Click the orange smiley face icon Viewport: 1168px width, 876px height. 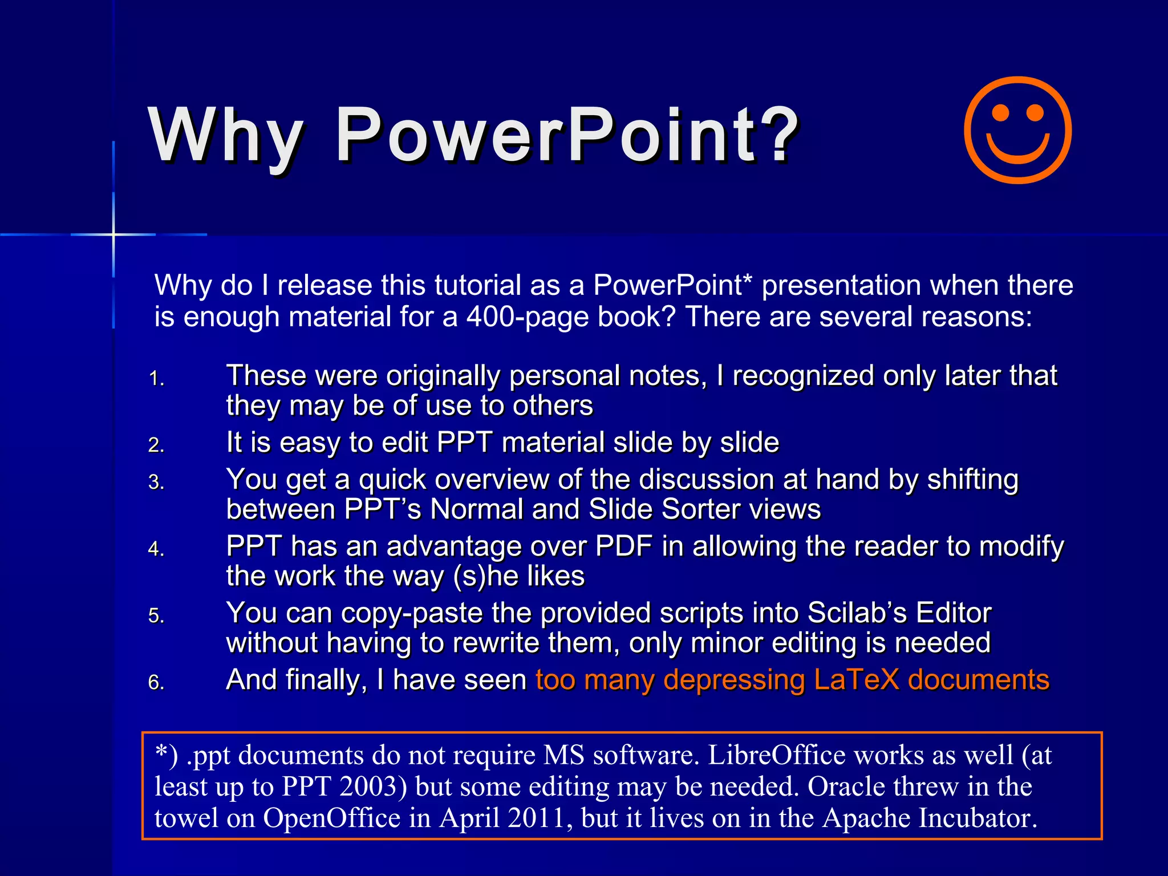pyautogui.click(x=1017, y=130)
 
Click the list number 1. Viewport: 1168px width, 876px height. pyautogui.click(x=156, y=379)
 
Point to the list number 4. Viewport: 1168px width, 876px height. pyautogui.click(x=156, y=549)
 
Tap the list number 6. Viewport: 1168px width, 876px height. pyautogui.click(x=156, y=683)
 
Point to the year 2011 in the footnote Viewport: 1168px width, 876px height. pyautogui.click(x=539, y=818)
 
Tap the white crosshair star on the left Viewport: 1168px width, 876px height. pyautogui.click(x=113, y=234)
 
